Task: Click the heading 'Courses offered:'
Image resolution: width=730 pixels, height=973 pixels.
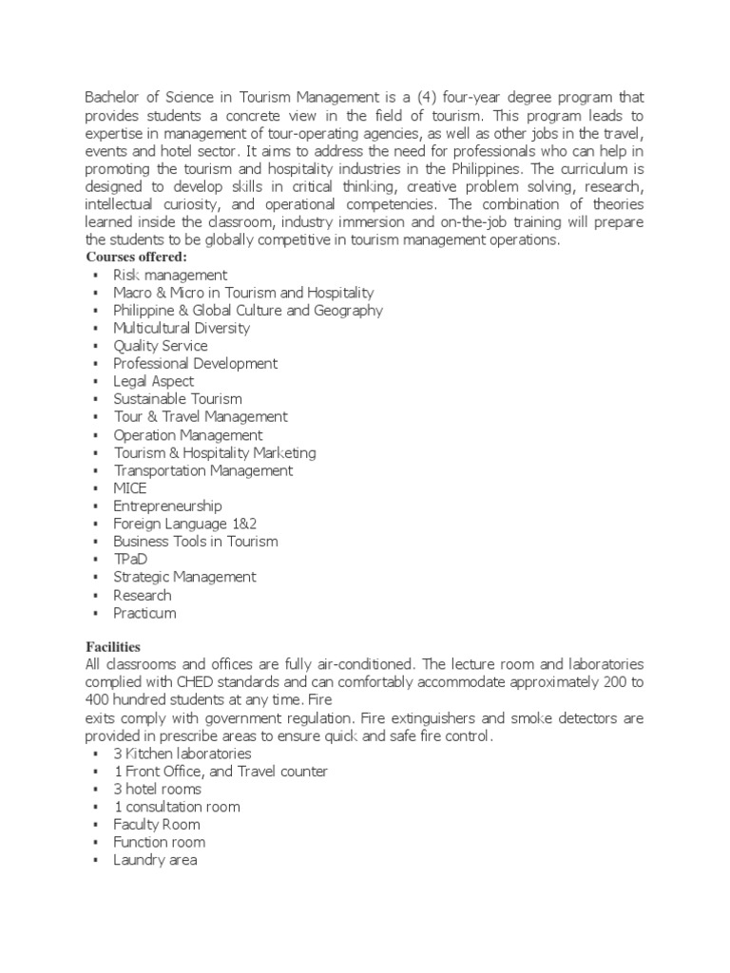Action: click(137, 258)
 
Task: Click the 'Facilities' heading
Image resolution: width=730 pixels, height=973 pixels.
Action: click(112, 645)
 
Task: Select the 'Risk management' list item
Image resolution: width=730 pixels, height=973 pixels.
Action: click(170, 275)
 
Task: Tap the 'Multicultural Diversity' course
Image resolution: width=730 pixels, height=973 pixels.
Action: click(182, 328)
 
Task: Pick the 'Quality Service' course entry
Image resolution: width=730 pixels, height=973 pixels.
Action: click(160, 346)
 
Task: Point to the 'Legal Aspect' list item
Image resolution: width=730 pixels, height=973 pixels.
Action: click(153, 381)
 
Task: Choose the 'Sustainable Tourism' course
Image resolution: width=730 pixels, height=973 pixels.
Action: click(178, 399)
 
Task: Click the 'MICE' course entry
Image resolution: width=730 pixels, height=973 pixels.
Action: click(130, 488)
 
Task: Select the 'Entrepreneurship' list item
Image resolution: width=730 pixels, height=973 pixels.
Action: click(167, 506)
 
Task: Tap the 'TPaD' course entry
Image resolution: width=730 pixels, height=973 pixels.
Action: click(130, 560)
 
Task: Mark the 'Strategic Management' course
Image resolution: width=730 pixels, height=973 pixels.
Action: click(184, 577)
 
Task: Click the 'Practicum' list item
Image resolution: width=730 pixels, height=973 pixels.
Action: click(144, 613)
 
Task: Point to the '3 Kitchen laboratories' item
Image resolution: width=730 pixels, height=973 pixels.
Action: click(182, 754)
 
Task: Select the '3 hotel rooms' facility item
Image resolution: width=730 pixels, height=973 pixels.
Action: click(157, 789)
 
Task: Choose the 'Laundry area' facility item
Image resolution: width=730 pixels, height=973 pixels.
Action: click(155, 860)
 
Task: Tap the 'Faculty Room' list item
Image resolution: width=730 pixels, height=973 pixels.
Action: click(156, 825)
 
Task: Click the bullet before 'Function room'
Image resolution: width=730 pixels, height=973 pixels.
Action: click(96, 843)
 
